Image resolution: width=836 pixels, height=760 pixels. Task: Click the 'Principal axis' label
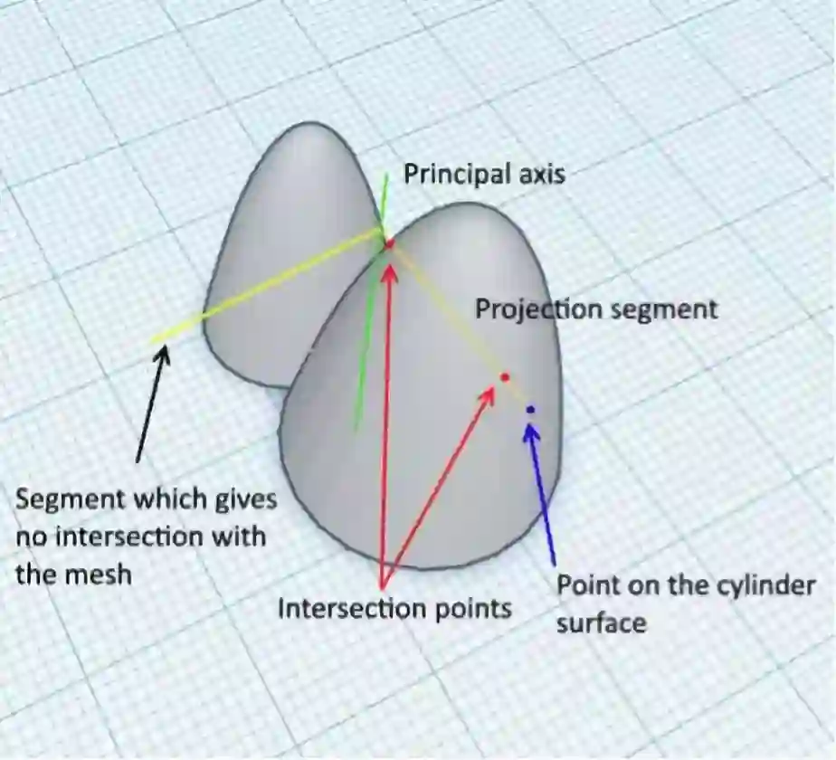coord(484,174)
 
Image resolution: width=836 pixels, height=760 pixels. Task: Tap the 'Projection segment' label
coord(596,309)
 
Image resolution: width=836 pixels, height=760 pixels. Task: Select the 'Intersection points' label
coord(394,608)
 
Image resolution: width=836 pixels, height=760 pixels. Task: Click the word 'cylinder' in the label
coord(763,585)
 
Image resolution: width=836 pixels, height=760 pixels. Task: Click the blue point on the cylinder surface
coord(530,410)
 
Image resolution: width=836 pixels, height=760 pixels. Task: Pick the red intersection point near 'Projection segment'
coord(505,376)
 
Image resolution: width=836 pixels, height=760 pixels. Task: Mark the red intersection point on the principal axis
coord(390,243)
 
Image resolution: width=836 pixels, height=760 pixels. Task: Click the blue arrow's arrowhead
coord(531,431)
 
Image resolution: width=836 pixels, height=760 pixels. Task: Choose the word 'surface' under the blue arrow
coord(601,622)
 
